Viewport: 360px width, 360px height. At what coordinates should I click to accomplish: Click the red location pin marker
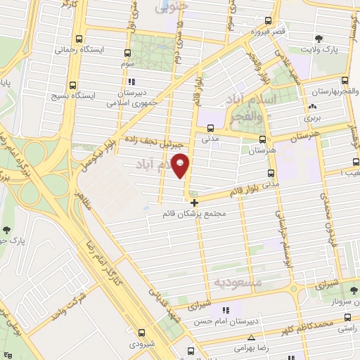181,166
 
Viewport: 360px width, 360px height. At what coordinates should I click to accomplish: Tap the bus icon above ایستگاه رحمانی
79,39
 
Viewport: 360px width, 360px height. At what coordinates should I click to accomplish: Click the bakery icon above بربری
312,108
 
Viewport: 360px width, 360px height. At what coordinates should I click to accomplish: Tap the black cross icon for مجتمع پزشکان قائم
195,202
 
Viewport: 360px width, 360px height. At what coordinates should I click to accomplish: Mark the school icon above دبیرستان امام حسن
224,310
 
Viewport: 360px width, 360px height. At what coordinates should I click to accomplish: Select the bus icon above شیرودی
143,333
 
